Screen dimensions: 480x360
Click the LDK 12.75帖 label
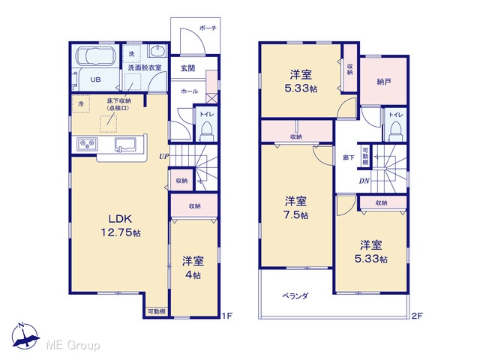[x=121, y=226]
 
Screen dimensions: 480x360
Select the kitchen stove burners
[x=88, y=144]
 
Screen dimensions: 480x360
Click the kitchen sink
[x=125, y=144]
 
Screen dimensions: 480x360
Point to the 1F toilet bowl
[x=207, y=130]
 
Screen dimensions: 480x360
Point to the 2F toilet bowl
[x=396, y=131]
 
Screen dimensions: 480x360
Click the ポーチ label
[x=208, y=28]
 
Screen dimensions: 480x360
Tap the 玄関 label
[x=187, y=68]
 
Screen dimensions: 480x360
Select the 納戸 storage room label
[x=383, y=82]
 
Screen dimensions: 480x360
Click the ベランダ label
[x=295, y=296]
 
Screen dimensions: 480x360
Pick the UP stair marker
[x=163, y=156]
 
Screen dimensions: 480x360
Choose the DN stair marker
[x=364, y=181]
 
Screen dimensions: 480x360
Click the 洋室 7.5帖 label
[x=296, y=208]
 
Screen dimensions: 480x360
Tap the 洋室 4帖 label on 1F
[x=193, y=268]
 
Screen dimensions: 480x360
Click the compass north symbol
[x=25, y=335]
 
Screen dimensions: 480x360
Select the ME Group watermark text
[x=73, y=346]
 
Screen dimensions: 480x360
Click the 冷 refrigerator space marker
[x=81, y=103]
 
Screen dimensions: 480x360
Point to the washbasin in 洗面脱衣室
[x=158, y=50]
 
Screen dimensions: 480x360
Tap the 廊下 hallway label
[x=348, y=157]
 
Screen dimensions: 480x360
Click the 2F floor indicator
[x=417, y=316]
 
